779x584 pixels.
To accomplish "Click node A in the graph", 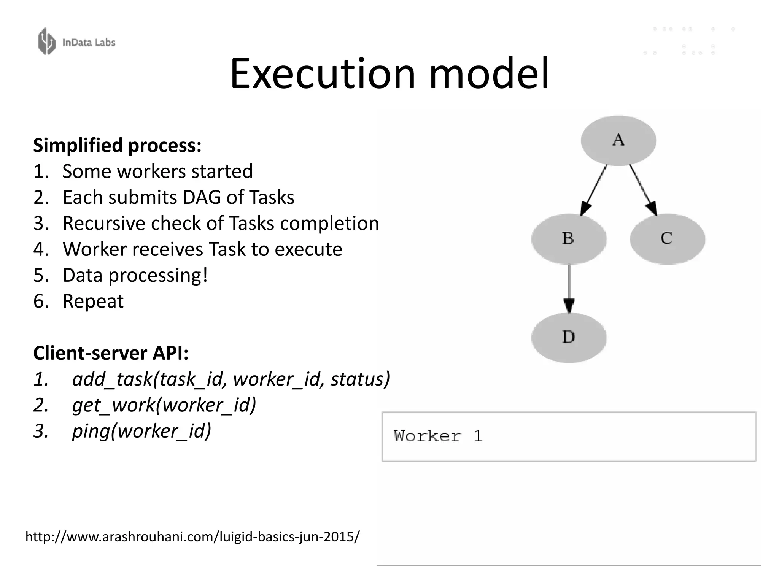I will pyautogui.click(x=618, y=140).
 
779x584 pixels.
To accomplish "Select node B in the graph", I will pyautogui.click(x=569, y=239).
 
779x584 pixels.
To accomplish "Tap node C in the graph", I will pyautogui.click(x=668, y=239).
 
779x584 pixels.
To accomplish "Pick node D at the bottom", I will pyautogui.click(x=569, y=337).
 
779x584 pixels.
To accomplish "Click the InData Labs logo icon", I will pyautogui.click(x=47, y=41).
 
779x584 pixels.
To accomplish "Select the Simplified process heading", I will pyautogui.click(x=117, y=145).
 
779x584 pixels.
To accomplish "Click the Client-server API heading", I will pyautogui.click(x=111, y=353).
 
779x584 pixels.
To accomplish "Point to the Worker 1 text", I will pyautogui.click(x=438, y=436).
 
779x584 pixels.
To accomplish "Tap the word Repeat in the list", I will pyautogui.click(x=93, y=301).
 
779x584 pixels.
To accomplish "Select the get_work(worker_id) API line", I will pyautogui.click(x=164, y=405).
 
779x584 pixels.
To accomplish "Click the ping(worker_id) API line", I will pyautogui.click(x=141, y=431).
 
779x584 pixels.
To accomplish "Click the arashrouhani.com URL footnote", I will pyautogui.click(x=192, y=536).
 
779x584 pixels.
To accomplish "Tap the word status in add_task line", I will pyautogui.click(x=359, y=379).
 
